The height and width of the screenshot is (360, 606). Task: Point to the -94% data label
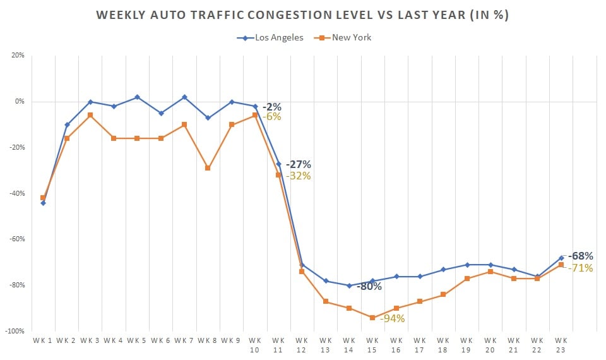tap(391, 318)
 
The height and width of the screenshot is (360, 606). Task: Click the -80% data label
tap(369, 286)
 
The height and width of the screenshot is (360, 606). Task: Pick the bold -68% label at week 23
tap(580, 256)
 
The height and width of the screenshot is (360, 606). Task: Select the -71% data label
tap(580, 268)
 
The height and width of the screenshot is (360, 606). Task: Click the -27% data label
tap(298, 164)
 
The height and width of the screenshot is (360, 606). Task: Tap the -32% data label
tap(298, 176)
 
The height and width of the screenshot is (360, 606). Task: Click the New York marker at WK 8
tap(208, 168)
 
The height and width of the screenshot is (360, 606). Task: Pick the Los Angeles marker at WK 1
tap(43, 203)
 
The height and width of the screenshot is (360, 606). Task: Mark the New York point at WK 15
tap(372, 318)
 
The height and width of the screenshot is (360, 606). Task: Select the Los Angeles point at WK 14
tap(349, 285)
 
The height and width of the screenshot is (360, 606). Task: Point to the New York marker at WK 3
tap(90, 115)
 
